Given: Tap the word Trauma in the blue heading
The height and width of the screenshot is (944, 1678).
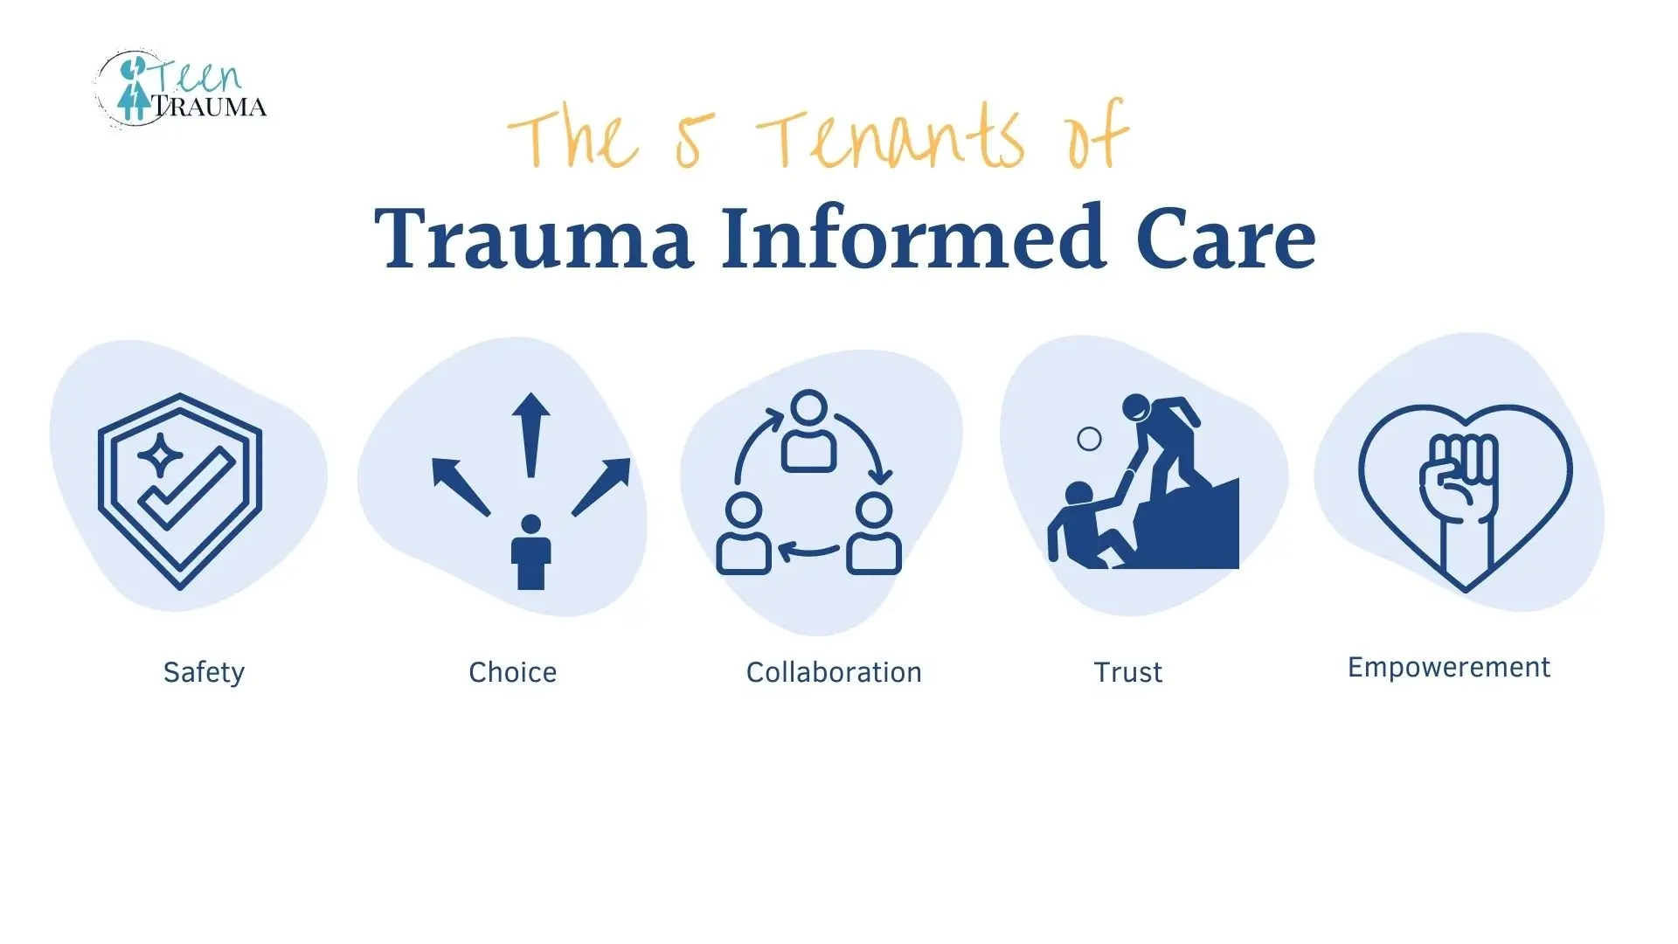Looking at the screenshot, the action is pyautogui.click(x=534, y=239).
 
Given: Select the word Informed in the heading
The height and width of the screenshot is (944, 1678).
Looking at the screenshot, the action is pyautogui.click(x=914, y=237).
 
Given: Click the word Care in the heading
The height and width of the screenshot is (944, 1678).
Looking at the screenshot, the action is pyautogui.click(x=1225, y=239).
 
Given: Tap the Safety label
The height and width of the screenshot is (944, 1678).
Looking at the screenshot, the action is pyautogui.click(x=205, y=672).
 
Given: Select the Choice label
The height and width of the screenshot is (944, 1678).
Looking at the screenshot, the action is pyautogui.click(x=513, y=672).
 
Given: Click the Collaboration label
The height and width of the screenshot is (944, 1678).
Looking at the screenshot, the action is pyautogui.click(x=834, y=672).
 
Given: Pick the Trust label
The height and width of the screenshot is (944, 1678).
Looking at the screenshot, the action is pyautogui.click(x=1128, y=672).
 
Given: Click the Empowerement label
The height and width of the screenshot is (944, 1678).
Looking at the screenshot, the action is pyautogui.click(x=1449, y=668).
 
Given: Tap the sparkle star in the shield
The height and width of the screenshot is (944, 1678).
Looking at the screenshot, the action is pyautogui.click(x=160, y=455).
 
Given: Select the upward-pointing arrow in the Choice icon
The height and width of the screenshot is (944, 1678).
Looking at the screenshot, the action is pyautogui.click(x=530, y=434).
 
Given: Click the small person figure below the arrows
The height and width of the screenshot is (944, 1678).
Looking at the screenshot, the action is pyautogui.click(x=530, y=552).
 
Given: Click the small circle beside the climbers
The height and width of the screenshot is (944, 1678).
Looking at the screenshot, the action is pyautogui.click(x=1089, y=439).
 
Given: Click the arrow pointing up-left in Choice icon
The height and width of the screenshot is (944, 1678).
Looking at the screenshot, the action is pyautogui.click(x=461, y=486).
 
